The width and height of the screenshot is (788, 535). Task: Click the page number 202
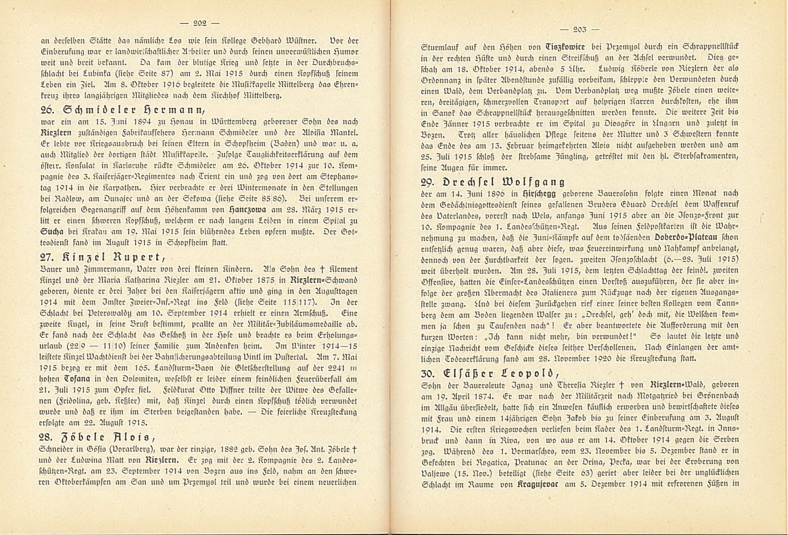[x=200, y=23]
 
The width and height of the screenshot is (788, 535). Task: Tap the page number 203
[x=579, y=29]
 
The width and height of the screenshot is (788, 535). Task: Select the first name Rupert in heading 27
[x=136, y=257]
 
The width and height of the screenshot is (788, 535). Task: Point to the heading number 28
[x=48, y=438]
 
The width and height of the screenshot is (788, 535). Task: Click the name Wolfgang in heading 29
[x=534, y=182]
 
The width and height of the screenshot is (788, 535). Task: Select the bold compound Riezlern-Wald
[x=678, y=384]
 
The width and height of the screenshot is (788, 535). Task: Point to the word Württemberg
[x=245, y=122]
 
